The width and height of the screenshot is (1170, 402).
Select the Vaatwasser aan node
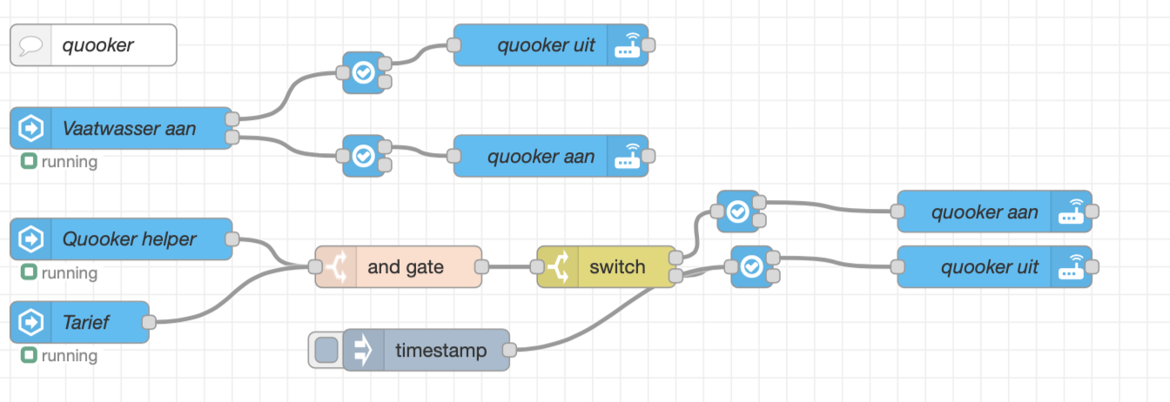click(128, 129)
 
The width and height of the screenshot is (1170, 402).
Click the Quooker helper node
click(128, 238)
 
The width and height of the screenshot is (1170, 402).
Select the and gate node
click(406, 267)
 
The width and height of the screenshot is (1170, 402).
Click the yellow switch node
click(616, 267)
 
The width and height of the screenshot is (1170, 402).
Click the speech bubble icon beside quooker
click(30, 44)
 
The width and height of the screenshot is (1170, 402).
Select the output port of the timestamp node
click(510, 351)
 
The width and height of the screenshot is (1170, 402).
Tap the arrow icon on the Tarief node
click(31, 322)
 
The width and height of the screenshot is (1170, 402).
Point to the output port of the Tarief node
click(149, 322)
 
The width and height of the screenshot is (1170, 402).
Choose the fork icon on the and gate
click(335, 267)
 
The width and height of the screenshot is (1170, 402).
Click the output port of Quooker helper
click(232, 238)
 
